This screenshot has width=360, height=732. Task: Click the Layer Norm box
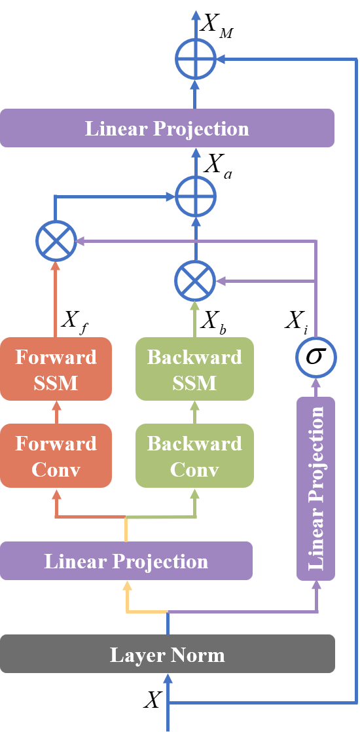pos(167,654)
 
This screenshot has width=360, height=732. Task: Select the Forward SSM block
pos(56,369)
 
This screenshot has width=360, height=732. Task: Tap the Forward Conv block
pos(56,456)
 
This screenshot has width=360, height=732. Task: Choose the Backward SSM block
pos(194,369)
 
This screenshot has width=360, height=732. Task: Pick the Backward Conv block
pos(194,456)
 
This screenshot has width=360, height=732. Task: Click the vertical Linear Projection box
pos(316,488)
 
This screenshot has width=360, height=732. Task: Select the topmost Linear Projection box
pos(167,128)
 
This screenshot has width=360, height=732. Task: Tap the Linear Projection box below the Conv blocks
pos(126,561)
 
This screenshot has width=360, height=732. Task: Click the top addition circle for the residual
pos(195,59)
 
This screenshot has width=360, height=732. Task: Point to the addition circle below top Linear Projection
pos(195,196)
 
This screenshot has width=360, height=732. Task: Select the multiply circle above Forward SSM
pos(56,241)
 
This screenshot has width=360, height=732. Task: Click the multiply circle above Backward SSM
pos(195,281)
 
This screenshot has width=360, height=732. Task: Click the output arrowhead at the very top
pos(195,14)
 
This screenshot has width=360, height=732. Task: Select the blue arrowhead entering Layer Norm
pos(168,679)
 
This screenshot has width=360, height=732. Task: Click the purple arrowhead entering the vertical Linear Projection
pos(316,586)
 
